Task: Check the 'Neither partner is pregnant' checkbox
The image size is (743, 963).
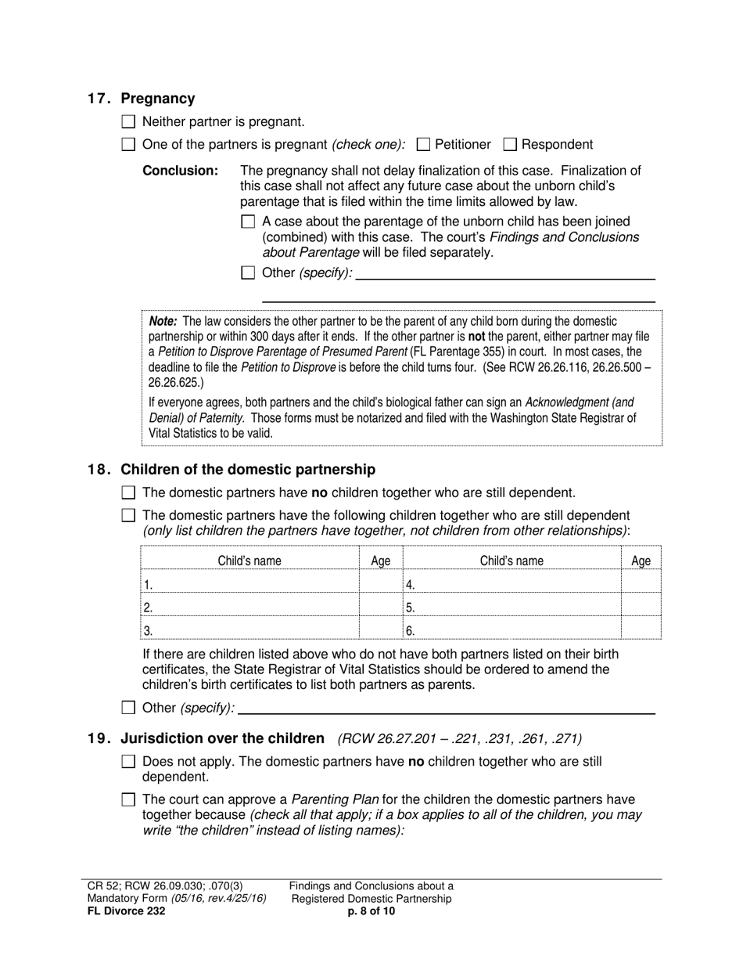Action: [130, 121]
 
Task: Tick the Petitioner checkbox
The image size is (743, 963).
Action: [424, 144]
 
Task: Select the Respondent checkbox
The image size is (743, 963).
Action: [510, 144]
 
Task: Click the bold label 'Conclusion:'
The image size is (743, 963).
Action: [180, 171]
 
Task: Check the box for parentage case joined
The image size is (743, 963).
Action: [248, 222]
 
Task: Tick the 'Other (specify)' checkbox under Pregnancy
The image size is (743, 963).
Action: [248, 273]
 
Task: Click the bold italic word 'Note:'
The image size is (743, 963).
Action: [163, 321]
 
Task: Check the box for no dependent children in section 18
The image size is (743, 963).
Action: [130, 492]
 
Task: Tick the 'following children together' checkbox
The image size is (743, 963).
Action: [130, 515]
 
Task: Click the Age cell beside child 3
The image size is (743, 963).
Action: [380, 629]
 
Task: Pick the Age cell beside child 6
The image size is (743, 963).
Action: [641, 629]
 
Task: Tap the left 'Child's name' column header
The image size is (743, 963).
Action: [249, 561]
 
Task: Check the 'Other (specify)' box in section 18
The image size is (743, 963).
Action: [130, 708]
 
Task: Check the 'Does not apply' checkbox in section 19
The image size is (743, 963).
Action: [130, 761]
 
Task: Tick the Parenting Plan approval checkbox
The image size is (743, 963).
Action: [130, 799]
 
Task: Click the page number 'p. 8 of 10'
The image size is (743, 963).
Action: [371, 911]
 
